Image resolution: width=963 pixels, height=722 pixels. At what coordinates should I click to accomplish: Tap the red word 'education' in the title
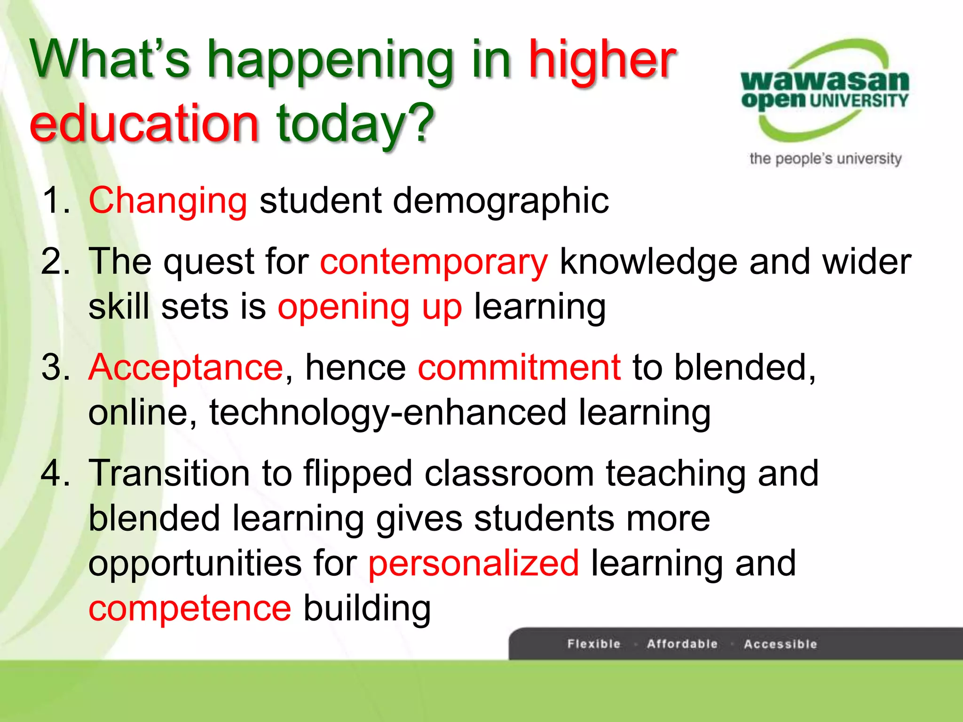pos(144,123)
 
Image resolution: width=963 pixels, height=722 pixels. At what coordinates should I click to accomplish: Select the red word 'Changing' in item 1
pos(168,201)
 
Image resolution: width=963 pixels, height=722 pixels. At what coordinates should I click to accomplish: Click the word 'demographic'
pos(501,201)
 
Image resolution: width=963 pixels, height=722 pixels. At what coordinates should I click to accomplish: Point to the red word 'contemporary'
pos(434,262)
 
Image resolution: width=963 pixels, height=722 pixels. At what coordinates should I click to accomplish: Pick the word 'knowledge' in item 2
pos(649,262)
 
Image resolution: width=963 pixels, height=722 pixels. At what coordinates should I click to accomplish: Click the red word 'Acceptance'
pos(186,368)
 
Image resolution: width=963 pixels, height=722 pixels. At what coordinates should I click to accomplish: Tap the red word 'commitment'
pos(519,368)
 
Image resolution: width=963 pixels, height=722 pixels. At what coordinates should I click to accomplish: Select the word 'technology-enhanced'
pos(388,413)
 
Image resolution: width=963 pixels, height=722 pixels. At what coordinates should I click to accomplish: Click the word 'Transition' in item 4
pos(169,473)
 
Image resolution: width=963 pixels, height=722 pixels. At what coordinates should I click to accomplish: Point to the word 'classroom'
pos(509,473)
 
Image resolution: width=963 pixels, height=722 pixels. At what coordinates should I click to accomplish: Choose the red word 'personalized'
pos(474,564)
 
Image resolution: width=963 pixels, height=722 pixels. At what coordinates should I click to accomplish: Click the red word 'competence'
pos(190,608)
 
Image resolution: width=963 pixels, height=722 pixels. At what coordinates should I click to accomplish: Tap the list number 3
pos(55,368)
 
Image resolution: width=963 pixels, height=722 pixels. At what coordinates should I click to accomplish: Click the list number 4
pos(55,473)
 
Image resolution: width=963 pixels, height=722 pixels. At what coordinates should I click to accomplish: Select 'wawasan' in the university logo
pos(825,81)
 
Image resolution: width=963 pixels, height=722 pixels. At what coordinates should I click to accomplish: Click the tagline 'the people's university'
pos(825,159)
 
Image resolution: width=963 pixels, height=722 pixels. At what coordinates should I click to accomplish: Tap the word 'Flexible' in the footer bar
pos(594,644)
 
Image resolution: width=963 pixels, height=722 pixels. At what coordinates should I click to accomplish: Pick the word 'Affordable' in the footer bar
pos(682,644)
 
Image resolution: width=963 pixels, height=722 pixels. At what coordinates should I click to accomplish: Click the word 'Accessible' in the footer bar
pos(781,644)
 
